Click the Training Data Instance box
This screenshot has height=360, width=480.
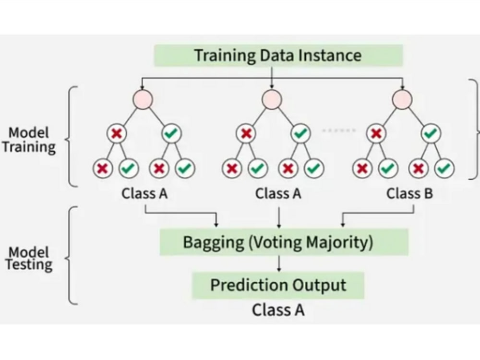tap(278, 55)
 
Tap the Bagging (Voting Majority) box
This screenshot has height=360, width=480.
tap(284, 242)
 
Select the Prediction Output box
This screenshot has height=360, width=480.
tap(278, 285)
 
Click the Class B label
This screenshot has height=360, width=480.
tap(409, 193)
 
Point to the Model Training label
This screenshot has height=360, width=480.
tap(29, 140)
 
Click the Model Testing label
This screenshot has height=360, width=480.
tap(29, 259)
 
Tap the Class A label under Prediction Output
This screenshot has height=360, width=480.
tap(278, 310)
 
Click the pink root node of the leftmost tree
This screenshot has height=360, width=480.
tap(143, 99)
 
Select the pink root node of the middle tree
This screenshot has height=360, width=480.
tap(272, 99)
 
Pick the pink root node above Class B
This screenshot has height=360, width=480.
tap(402, 99)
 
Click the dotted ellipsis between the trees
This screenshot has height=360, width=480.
tap(339, 131)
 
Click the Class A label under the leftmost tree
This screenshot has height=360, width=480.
tap(144, 193)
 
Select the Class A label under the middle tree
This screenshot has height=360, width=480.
tap(278, 193)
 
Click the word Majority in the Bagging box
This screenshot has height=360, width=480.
tap(339, 243)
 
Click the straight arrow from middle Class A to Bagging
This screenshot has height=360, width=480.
tap(278, 217)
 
